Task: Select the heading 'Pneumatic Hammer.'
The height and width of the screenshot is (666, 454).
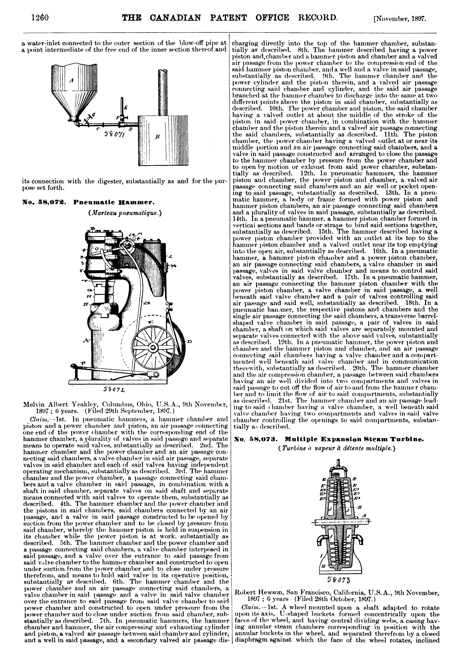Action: click(114, 203)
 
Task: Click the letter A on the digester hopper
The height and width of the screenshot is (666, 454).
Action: click(72, 81)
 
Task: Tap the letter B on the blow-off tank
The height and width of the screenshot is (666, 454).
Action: click(157, 137)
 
